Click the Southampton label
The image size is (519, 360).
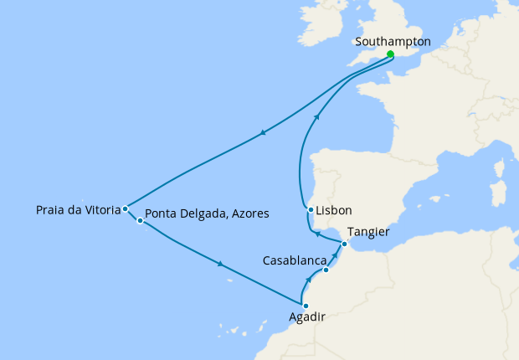[393, 41]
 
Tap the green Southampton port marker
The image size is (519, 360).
[390, 54]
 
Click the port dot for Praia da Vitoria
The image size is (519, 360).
[125, 208]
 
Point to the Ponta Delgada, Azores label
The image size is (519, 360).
[207, 213]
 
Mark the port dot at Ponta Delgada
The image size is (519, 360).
[140, 221]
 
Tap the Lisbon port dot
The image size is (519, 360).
[311, 209]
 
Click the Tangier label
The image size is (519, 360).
[369, 232]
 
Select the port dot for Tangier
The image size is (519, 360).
[345, 244]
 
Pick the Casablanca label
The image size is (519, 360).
[294, 260]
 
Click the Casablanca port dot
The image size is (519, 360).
[326, 270]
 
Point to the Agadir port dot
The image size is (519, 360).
[306, 306]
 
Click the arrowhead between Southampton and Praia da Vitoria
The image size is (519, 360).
[264, 132]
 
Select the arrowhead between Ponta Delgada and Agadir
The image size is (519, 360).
[220, 265]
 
